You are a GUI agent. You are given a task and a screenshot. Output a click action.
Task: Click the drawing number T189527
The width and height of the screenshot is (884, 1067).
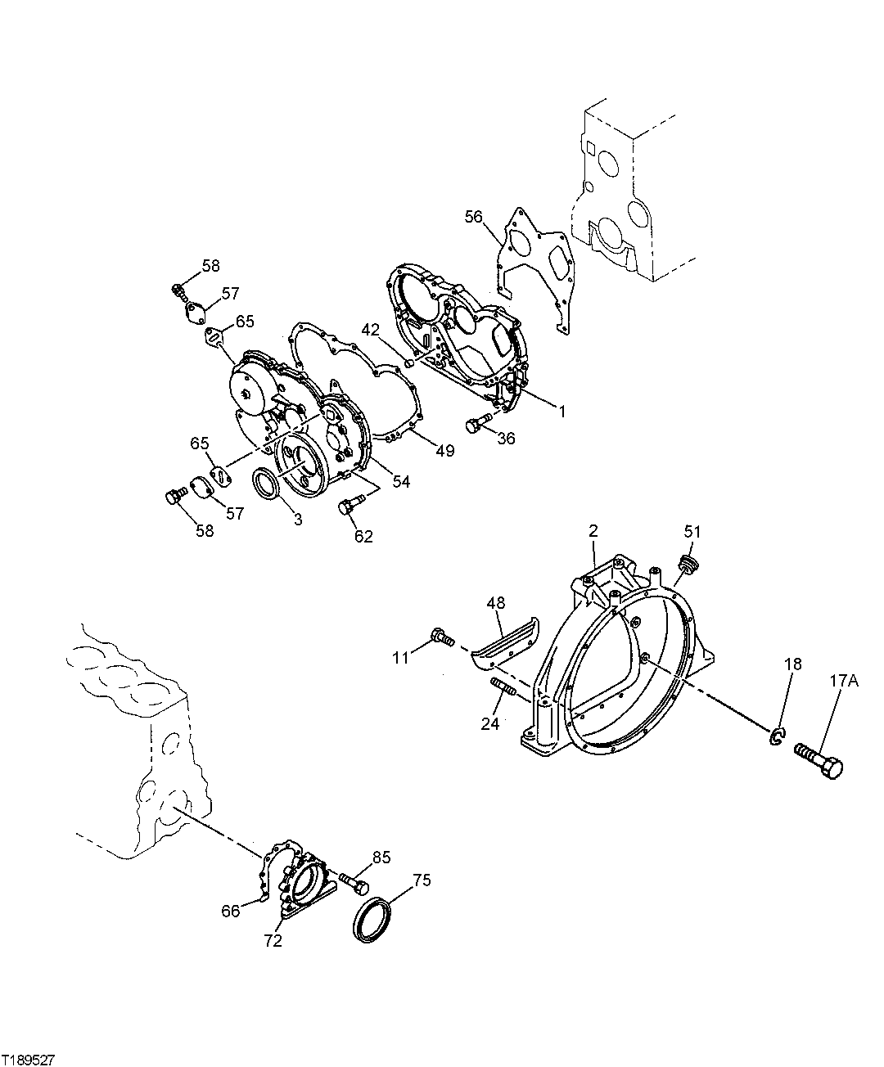click(x=29, y=1059)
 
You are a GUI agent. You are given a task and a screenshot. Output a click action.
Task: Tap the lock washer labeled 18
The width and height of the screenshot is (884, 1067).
click(x=776, y=736)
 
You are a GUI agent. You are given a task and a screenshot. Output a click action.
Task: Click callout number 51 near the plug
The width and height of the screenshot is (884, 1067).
click(x=692, y=533)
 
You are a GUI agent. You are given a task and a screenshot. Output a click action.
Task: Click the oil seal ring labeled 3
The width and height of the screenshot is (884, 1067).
click(x=267, y=483)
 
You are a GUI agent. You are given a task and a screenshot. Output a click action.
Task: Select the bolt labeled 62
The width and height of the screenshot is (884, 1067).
click(x=347, y=507)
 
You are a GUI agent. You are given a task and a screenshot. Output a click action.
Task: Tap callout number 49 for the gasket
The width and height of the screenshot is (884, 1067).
click(x=444, y=451)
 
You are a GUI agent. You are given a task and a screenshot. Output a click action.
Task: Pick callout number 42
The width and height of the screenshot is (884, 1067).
click(x=372, y=331)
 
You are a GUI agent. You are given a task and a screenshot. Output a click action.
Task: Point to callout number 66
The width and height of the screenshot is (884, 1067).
click(x=230, y=910)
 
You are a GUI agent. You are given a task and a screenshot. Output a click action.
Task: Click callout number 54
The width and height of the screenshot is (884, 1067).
click(x=400, y=482)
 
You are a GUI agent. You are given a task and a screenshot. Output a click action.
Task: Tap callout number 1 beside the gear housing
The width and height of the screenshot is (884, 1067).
click(x=562, y=412)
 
